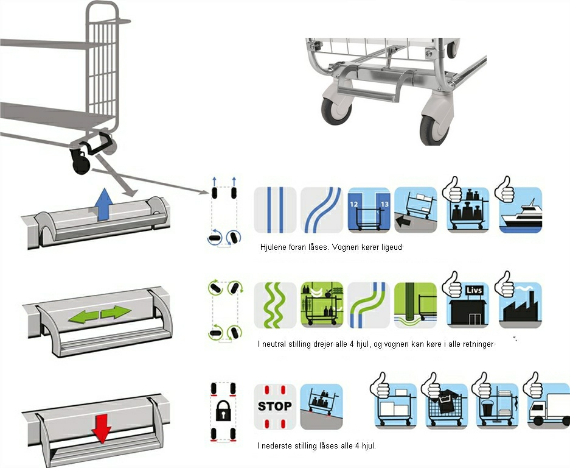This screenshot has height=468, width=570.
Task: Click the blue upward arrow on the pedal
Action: point(105,204)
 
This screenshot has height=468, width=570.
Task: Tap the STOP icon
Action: point(275,406)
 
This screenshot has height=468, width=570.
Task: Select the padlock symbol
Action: point(223,411)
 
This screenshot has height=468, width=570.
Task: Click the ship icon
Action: point(521,210)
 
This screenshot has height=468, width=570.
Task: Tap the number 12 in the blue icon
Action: point(353,204)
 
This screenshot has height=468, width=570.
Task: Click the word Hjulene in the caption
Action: point(273,247)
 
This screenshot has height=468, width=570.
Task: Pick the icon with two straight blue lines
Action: point(275,210)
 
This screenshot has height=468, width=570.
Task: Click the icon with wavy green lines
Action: point(275,305)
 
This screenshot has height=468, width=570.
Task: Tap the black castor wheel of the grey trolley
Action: point(81,162)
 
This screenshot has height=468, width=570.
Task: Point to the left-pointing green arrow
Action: point(83,316)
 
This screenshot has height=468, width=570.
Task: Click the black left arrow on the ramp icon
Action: point(403,221)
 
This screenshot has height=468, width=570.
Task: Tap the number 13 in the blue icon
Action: point(384,204)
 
